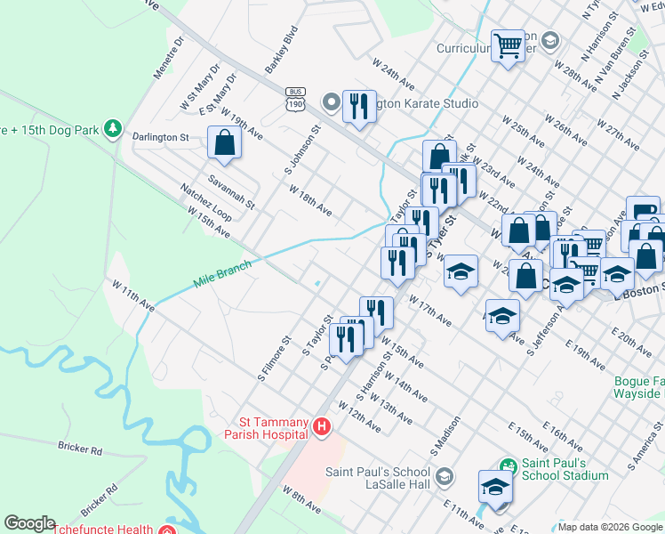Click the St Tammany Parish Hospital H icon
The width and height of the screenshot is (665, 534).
(x=322, y=429)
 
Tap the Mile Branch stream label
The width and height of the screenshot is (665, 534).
(x=222, y=273)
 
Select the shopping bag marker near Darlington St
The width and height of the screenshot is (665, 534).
(x=224, y=142)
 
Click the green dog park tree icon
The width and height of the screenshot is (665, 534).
(x=112, y=129)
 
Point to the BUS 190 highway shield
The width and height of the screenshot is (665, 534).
(x=295, y=100)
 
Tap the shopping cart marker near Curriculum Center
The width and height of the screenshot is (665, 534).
(x=508, y=44)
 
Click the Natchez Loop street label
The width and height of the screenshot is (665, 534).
(x=205, y=203)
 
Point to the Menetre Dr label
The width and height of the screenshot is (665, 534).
(x=169, y=58)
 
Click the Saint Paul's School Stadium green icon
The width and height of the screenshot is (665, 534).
(x=508, y=465)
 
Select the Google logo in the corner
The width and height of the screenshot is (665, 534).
(x=29, y=523)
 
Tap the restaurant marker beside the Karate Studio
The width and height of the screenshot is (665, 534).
(x=359, y=107)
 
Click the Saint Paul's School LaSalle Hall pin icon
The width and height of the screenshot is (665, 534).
(x=445, y=477)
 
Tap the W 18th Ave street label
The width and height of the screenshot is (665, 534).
(x=310, y=200)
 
